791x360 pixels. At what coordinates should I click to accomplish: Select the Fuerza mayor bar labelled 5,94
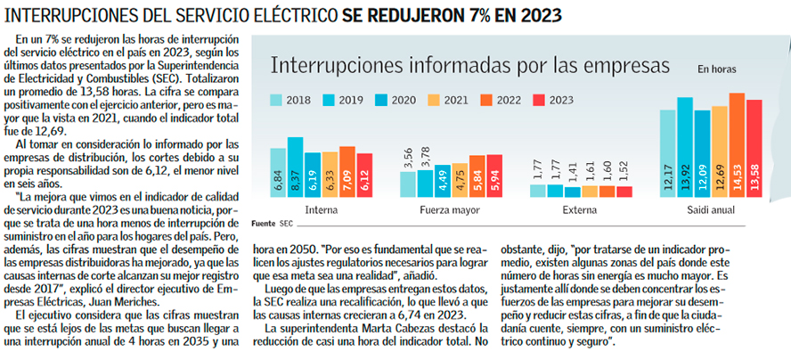tap(494, 176)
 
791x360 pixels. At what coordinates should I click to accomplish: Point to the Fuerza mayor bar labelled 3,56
tap(409, 184)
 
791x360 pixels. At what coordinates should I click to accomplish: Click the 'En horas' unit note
tap(716, 69)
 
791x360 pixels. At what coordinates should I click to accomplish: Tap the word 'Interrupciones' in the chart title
tap(334, 66)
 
